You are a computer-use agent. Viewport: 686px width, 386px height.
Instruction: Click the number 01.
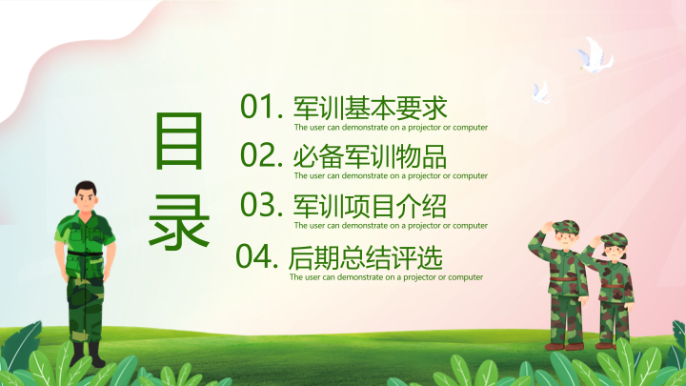[261, 107]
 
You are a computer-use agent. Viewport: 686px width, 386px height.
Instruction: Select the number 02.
[261, 154]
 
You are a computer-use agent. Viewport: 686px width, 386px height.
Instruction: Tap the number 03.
[261, 204]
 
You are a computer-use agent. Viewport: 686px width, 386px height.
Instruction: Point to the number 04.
[257, 256]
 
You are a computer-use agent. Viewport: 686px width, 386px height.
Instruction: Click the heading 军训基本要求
[370, 108]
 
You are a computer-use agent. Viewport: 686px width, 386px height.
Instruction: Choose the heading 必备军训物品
[370, 156]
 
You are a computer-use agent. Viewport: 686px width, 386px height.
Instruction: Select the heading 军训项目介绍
[370, 206]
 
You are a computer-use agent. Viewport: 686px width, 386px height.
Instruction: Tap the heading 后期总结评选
[366, 257]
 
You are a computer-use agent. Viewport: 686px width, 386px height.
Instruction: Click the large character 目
[179, 141]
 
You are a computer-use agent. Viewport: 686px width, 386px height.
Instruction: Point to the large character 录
[179, 222]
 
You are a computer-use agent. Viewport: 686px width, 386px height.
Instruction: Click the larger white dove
[595, 55]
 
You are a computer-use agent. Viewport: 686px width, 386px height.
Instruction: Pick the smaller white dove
[541, 92]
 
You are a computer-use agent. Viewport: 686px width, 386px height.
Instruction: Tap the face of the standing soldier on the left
[86, 199]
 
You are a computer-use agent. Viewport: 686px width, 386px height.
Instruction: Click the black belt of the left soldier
[85, 254]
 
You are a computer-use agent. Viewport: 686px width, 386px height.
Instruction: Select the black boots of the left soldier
[88, 354]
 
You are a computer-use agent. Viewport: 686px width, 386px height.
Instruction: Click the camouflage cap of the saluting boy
[566, 227]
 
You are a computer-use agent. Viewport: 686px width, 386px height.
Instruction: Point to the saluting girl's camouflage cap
[615, 240]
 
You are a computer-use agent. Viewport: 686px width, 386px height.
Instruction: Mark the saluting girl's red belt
[613, 286]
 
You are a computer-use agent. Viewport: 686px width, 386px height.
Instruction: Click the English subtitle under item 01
[391, 128]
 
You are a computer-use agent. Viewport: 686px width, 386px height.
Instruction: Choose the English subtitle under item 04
[386, 277]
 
